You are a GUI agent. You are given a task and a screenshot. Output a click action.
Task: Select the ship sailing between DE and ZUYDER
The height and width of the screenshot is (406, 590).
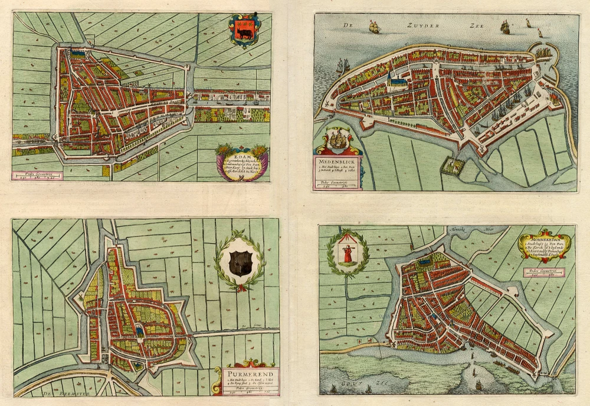[373, 26]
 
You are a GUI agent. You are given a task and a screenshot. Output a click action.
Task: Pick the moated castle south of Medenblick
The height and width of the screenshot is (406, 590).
[453, 167]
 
